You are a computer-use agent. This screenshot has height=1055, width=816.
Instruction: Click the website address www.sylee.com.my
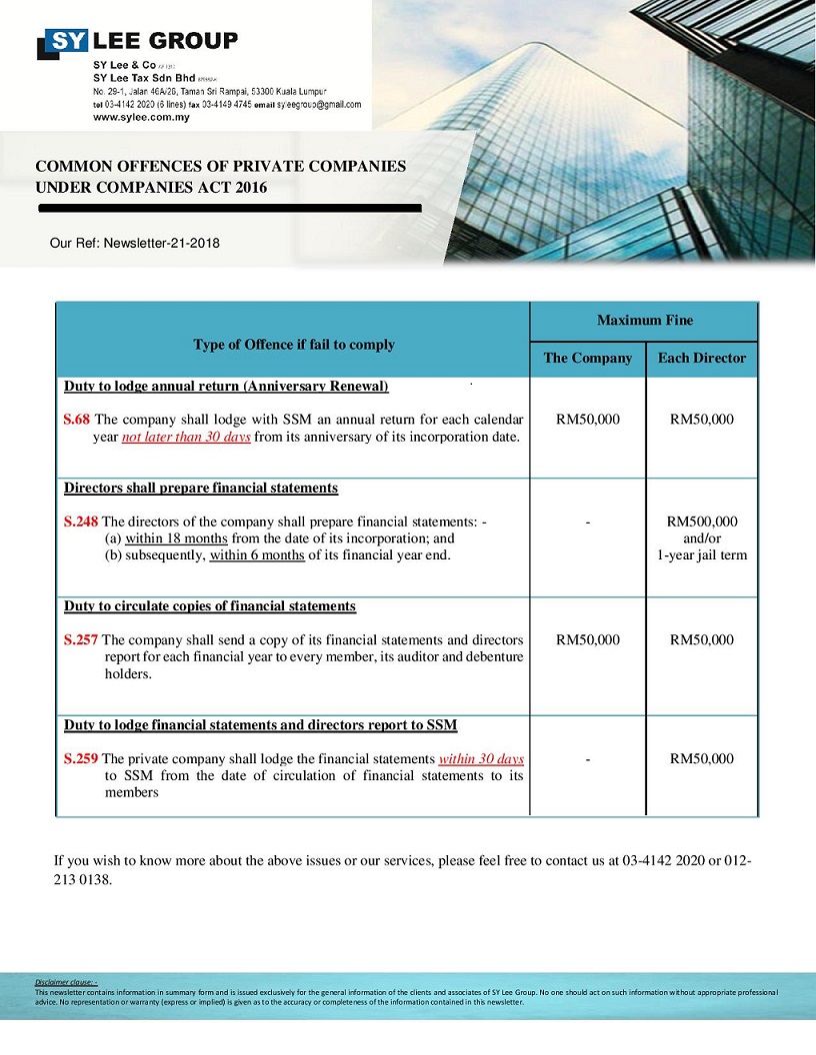141,117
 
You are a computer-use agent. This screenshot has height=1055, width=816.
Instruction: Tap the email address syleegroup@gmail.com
319,104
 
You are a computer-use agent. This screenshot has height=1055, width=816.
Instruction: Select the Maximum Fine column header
644,321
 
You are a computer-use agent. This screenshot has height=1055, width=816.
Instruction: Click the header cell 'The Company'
588,358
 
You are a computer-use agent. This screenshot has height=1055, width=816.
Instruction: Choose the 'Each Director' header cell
702,358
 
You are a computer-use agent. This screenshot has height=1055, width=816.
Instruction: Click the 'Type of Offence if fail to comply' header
293,345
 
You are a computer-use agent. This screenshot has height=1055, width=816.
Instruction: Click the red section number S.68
77,420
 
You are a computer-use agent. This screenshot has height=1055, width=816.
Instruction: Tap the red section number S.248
81,522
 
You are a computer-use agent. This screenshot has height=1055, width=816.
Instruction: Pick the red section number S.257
81,640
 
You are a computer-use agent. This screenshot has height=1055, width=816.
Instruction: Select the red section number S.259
81,759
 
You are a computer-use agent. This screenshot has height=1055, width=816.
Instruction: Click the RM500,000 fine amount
702,522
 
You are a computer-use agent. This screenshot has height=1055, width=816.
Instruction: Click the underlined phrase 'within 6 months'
257,555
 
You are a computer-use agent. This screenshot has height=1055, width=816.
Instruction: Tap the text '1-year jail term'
702,555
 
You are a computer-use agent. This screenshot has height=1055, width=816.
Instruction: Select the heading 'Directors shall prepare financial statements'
201,489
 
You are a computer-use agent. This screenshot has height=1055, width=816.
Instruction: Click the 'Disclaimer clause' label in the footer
65,983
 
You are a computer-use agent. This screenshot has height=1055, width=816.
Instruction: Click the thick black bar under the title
229,208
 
